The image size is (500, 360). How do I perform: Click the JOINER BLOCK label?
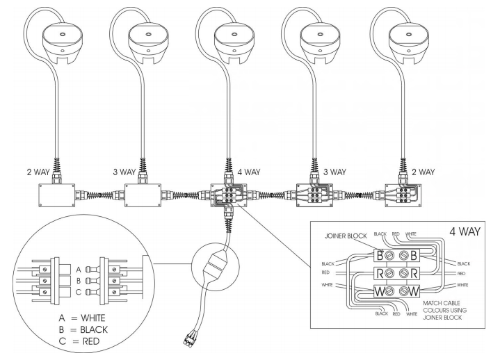344,236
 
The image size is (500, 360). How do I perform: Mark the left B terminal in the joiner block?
380,254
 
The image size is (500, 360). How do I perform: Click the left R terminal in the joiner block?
380,272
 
